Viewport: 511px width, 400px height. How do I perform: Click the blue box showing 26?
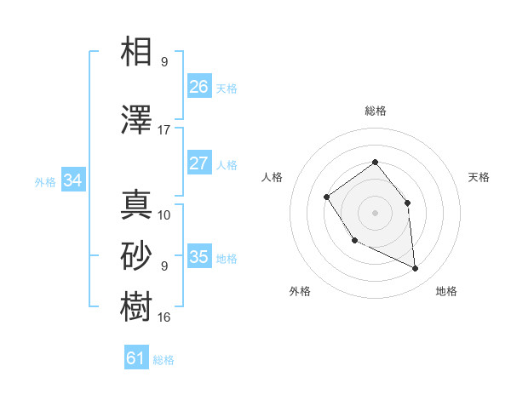click(x=198, y=86)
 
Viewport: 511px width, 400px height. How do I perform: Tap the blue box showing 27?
click(x=198, y=163)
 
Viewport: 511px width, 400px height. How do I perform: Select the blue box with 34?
click(x=73, y=180)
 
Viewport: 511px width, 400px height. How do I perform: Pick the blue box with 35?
click(x=198, y=257)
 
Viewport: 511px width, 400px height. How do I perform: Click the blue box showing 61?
click(x=135, y=358)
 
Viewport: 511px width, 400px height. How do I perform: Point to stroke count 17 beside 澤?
click(x=164, y=130)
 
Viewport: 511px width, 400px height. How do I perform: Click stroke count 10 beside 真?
click(x=164, y=215)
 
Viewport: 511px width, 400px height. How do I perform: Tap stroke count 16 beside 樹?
click(x=164, y=317)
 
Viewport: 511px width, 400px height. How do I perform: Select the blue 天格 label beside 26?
click(x=227, y=88)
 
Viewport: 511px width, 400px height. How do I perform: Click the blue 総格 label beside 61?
click(x=164, y=360)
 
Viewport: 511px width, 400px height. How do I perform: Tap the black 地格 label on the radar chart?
click(x=446, y=291)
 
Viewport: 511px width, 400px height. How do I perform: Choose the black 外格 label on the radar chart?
click(x=300, y=291)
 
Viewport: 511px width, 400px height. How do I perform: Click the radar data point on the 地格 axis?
click(x=416, y=269)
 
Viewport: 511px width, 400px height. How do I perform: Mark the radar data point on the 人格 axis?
click(x=327, y=197)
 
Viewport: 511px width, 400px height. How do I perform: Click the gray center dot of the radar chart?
click(x=375, y=213)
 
